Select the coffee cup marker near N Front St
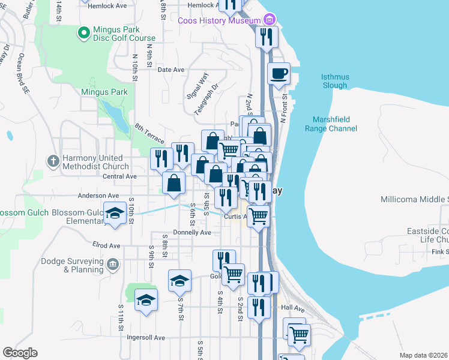pos(279,74)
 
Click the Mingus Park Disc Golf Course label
pos(124,34)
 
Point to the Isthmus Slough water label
pos(334,81)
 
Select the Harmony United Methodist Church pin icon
pos(53,161)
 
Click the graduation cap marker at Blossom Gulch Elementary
pos(114,214)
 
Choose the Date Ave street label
pos(170,70)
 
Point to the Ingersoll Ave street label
pos(145,338)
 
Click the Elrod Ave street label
pos(107,245)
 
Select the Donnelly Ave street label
pos(192,232)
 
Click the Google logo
pos(20,353)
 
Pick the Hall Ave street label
pos(293,308)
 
